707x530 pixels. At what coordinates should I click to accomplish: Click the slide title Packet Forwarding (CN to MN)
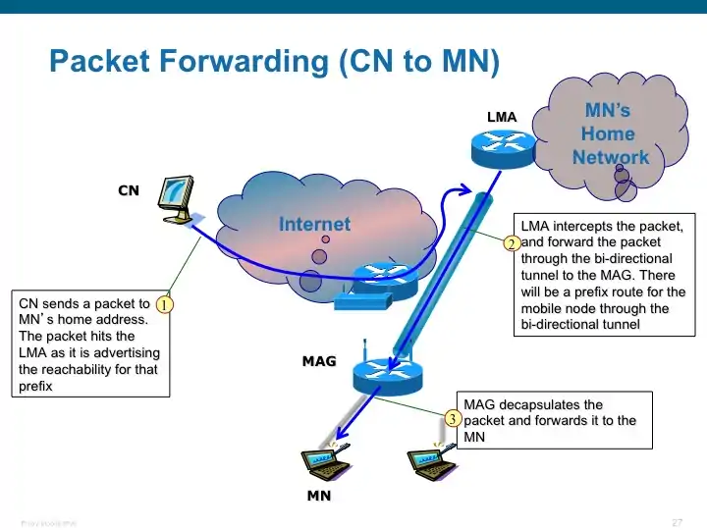click(x=274, y=63)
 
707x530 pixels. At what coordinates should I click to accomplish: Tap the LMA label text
click(x=501, y=118)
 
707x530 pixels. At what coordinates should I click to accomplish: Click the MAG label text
click(x=319, y=361)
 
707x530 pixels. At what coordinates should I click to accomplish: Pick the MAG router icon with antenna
click(x=387, y=372)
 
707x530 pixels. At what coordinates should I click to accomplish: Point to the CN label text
click(x=129, y=190)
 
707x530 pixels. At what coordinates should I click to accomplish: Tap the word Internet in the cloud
click(x=314, y=224)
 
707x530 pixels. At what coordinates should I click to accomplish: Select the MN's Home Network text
click(x=609, y=133)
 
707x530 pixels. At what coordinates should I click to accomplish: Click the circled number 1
click(x=165, y=305)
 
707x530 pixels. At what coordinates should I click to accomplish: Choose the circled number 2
click(x=511, y=243)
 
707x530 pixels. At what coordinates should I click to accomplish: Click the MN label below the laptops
click(x=319, y=496)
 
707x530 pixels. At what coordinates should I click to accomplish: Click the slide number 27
click(x=677, y=520)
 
